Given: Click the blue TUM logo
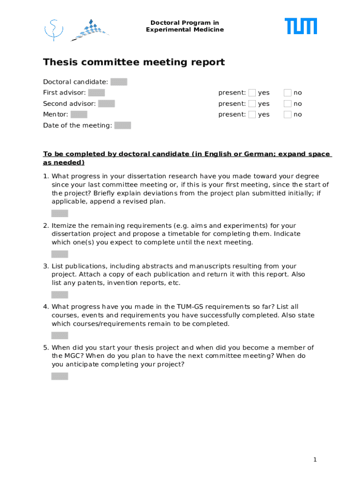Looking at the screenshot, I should [x=301, y=26].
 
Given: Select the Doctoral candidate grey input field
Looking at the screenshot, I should [x=119, y=82].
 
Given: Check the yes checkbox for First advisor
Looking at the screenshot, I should [x=252, y=93].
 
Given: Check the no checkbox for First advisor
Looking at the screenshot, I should [x=288, y=93].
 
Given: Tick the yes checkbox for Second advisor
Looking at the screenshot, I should [x=252, y=103].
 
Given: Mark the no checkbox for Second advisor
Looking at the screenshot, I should [x=288, y=103].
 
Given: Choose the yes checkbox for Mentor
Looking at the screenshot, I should [x=252, y=114].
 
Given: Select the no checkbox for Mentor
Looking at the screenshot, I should [x=288, y=114].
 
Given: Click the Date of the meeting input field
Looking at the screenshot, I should [x=122, y=125].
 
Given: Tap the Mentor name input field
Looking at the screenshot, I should [x=79, y=114].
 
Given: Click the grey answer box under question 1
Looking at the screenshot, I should [x=59, y=213].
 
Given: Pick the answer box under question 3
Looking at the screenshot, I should [x=59, y=295].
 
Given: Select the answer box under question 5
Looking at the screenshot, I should [x=59, y=376].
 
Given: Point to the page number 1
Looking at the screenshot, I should [x=315, y=460].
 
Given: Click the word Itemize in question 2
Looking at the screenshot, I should [x=64, y=226].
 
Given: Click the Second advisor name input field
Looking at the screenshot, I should [x=107, y=103].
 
